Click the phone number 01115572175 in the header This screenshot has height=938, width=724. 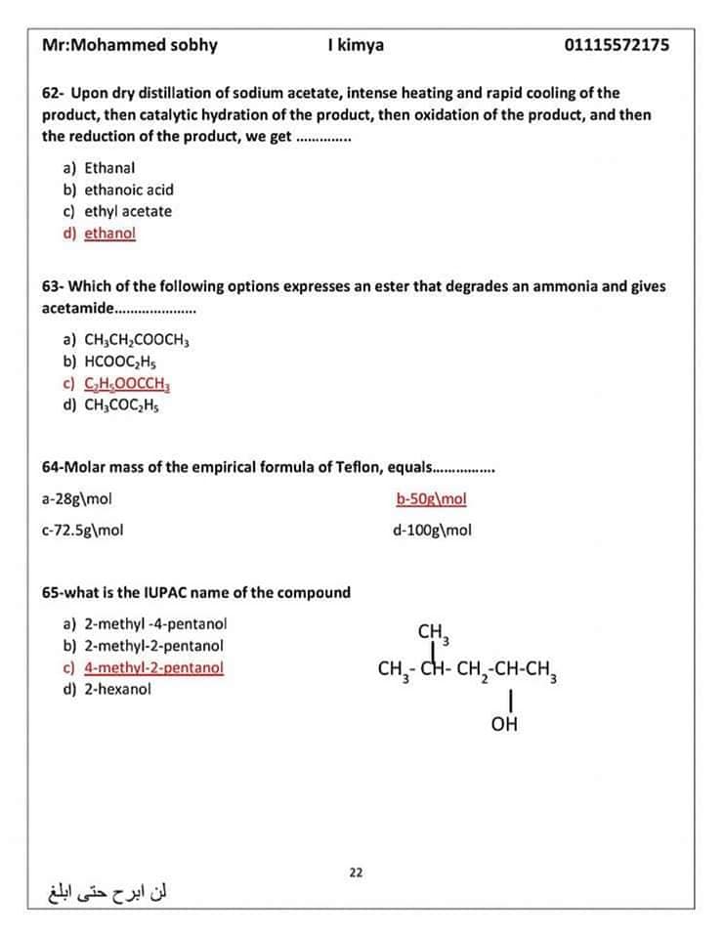click(x=617, y=45)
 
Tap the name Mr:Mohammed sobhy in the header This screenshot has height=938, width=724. click(x=130, y=45)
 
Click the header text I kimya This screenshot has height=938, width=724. click(x=357, y=45)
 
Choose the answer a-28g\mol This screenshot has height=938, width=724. click(x=77, y=498)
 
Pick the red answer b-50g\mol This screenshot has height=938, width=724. click(x=431, y=498)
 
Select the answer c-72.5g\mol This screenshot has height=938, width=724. click(x=83, y=531)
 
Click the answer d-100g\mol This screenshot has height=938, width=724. click(x=431, y=531)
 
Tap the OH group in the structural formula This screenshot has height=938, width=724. click(x=505, y=725)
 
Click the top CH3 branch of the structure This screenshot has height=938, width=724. click(x=432, y=633)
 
